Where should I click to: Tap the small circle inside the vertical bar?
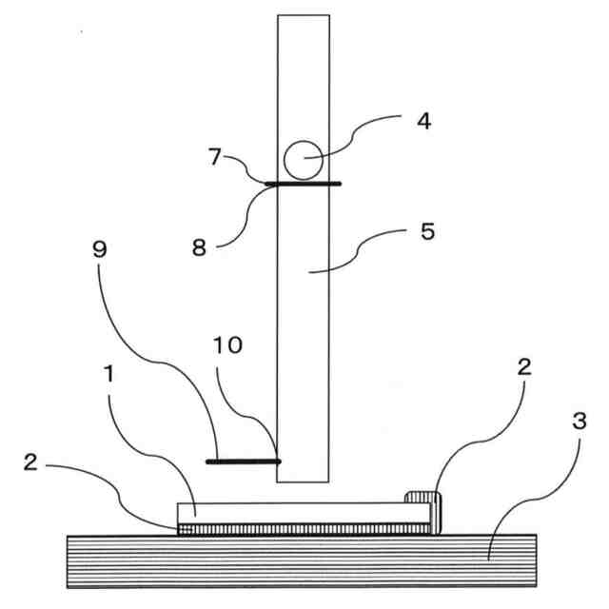tap(303, 160)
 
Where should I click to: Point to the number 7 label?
tap(216, 157)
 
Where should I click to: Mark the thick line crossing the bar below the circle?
tap(303, 184)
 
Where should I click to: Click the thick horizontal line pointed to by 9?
tap(243, 461)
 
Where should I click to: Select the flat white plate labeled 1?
tap(295, 513)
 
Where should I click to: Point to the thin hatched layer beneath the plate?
tap(304, 528)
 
